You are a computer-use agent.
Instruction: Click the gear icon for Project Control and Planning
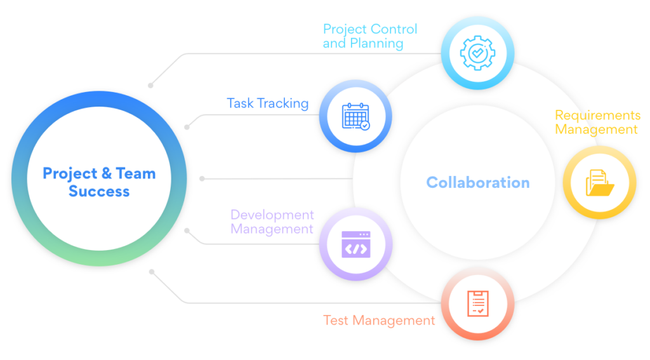[x=477, y=53]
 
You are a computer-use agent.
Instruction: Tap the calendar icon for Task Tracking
[x=355, y=117]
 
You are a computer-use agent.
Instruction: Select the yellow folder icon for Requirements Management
[x=599, y=182]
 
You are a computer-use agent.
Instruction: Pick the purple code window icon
[x=355, y=244]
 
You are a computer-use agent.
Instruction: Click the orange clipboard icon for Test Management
[x=477, y=303]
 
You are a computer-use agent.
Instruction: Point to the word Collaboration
[x=478, y=182]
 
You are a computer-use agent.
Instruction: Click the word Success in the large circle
[x=99, y=191]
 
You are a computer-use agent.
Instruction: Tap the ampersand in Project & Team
[x=107, y=173]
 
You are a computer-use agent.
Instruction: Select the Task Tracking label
[x=267, y=103]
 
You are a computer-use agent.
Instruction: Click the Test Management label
[x=379, y=320]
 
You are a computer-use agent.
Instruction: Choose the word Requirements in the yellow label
[x=598, y=115]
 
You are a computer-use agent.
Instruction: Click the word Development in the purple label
[x=272, y=215]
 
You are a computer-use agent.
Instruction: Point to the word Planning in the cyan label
[x=376, y=43]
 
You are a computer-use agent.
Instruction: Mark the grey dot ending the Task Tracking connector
[x=187, y=127]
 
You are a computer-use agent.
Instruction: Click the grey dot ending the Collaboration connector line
[x=202, y=179]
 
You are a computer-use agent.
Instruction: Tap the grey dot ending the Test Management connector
[x=152, y=272]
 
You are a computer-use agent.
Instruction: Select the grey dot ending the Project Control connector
[x=150, y=86]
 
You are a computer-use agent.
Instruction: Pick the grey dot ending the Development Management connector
[x=187, y=230]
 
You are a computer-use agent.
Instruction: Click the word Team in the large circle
[x=136, y=173]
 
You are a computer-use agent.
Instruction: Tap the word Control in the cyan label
[x=394, y=29]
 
